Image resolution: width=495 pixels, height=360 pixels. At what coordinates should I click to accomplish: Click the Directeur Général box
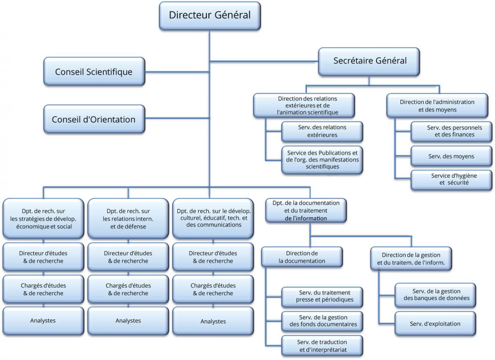tap(210, 16)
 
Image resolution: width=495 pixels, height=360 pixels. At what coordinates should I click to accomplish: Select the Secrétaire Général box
tap(370, 61)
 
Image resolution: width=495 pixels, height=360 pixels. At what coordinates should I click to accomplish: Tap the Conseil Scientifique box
tap(94, 72)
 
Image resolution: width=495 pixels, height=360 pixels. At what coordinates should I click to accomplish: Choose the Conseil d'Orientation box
tap(94, 120)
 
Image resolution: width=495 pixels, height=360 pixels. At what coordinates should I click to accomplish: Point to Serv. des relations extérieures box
tap(322, 131)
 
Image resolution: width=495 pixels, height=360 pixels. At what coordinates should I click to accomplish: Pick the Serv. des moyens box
tap(451, 156)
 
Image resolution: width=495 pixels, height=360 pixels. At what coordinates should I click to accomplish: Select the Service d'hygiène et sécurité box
tap(451, 179)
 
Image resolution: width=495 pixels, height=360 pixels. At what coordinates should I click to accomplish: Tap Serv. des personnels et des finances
tap(451, 131)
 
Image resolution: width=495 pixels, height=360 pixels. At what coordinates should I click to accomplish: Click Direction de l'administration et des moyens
tap(437, 106)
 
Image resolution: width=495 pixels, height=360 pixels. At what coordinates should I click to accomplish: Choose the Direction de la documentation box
tap(302, 257)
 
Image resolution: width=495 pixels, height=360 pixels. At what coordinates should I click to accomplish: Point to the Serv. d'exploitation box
tap(435, 324)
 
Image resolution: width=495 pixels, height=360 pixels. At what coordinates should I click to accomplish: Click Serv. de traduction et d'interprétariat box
tap(322, 346)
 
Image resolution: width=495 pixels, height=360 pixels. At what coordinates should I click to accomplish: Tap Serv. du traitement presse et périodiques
tap(322, 296)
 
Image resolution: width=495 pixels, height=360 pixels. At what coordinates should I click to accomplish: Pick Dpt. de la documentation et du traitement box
tap(306, 210)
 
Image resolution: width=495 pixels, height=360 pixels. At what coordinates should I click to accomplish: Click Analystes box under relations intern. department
tap(128, 321)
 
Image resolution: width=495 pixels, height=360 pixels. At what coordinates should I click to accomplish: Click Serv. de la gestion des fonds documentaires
tap(322, 321)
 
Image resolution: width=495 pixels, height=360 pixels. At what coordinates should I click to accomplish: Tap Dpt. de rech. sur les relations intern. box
tap(128, 219)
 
